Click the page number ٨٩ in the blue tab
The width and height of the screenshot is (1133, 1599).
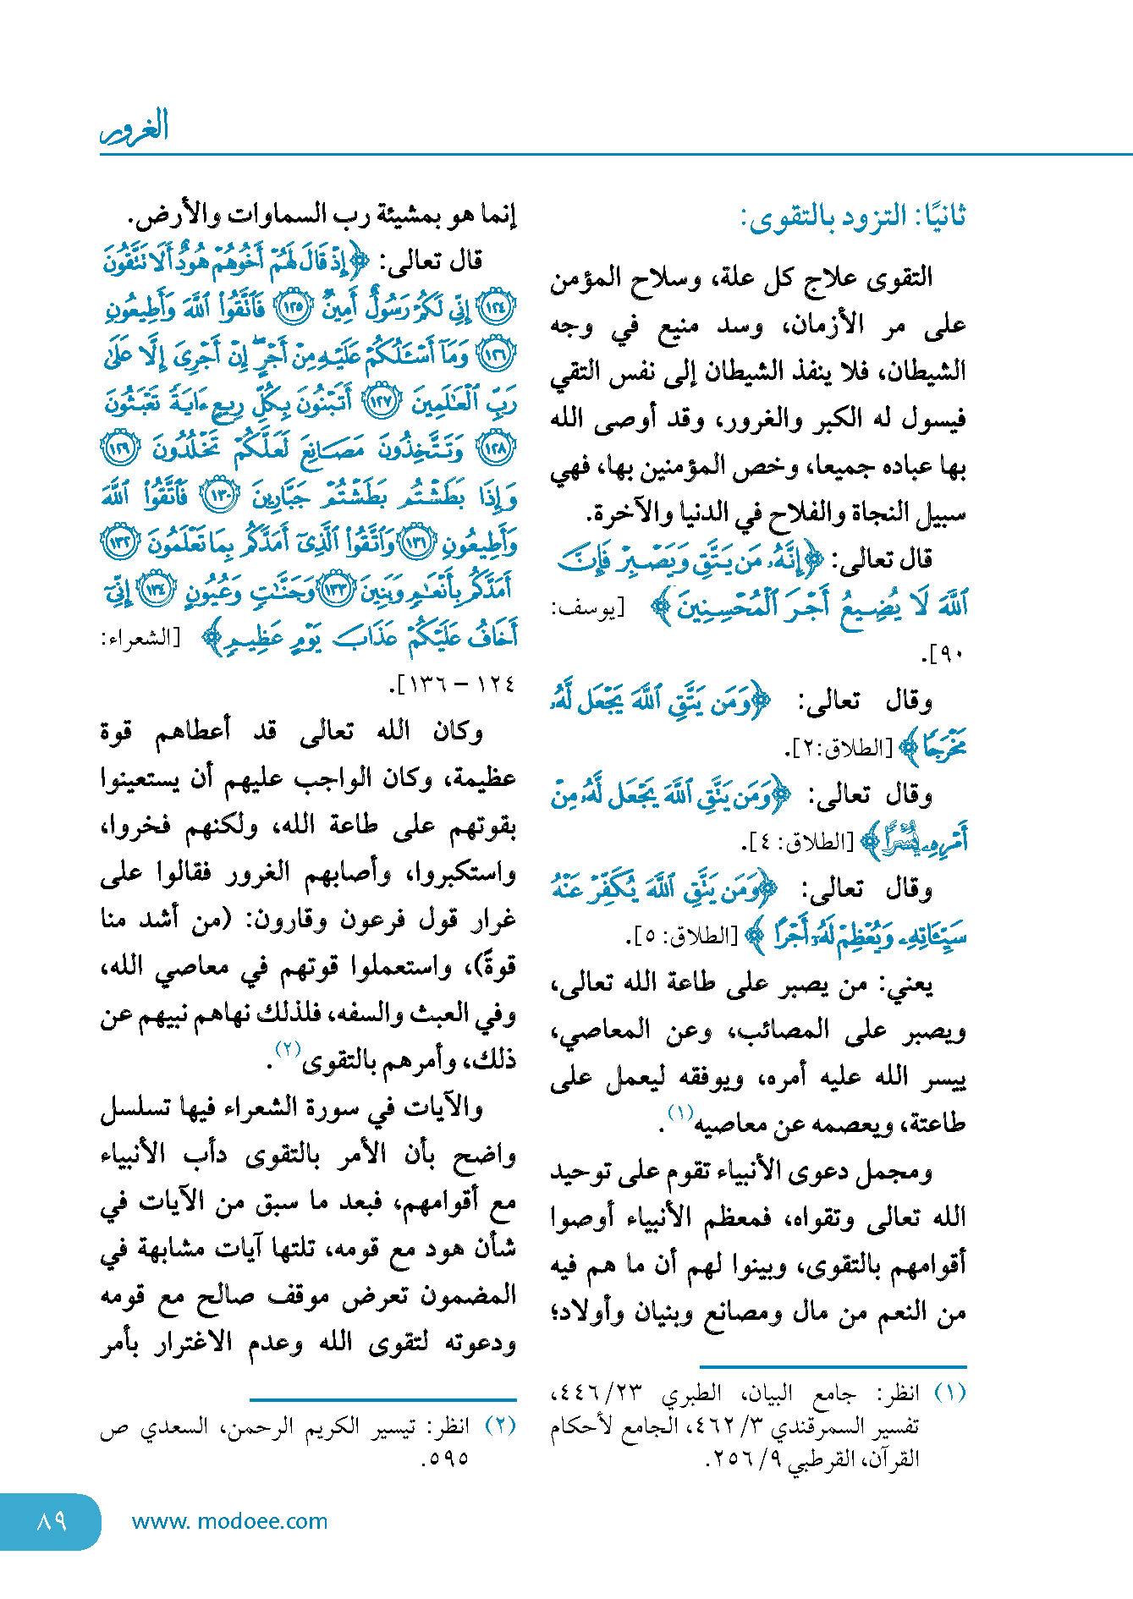click(x=52, y=1521)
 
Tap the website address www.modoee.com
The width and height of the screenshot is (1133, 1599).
click(x=229, y=1521)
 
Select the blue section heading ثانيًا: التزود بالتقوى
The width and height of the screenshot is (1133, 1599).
click(x=853, y=217)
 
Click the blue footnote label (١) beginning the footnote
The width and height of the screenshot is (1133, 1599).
click(x=949, y=1393)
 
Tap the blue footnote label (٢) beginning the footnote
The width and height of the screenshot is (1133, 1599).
click(x=499, y=1425)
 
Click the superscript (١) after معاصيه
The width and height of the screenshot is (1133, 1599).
click(x=680, y=1112)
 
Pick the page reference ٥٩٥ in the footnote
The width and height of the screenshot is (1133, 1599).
click(x=446, y=1458)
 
